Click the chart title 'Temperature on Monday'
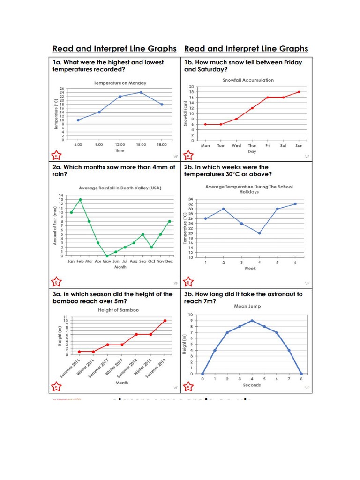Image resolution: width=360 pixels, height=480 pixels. (120, 83)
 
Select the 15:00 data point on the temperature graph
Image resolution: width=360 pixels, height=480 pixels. (141, 92)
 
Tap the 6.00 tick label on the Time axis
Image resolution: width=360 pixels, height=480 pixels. (78, 145)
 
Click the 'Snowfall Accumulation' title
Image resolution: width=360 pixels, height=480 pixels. (248, 80)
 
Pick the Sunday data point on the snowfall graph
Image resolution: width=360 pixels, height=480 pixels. (299, 92)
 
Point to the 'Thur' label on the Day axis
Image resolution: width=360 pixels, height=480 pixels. (252, 146)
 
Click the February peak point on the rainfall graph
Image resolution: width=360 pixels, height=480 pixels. (81, 199)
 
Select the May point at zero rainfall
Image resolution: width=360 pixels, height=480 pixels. (107, 256)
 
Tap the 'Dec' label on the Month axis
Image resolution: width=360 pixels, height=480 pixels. (169, 261)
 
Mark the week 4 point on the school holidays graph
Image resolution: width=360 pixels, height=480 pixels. (259, 233)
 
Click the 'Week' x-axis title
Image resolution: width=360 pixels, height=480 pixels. (250, 269)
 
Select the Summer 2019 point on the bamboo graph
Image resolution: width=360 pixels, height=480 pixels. (165, 321)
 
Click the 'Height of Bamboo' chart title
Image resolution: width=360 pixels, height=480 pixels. (118, 310)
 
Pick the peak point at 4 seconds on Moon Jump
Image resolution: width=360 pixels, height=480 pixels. (252, 321)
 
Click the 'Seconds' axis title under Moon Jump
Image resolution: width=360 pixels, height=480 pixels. (252, 385)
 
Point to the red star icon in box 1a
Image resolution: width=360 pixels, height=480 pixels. (55, 155)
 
